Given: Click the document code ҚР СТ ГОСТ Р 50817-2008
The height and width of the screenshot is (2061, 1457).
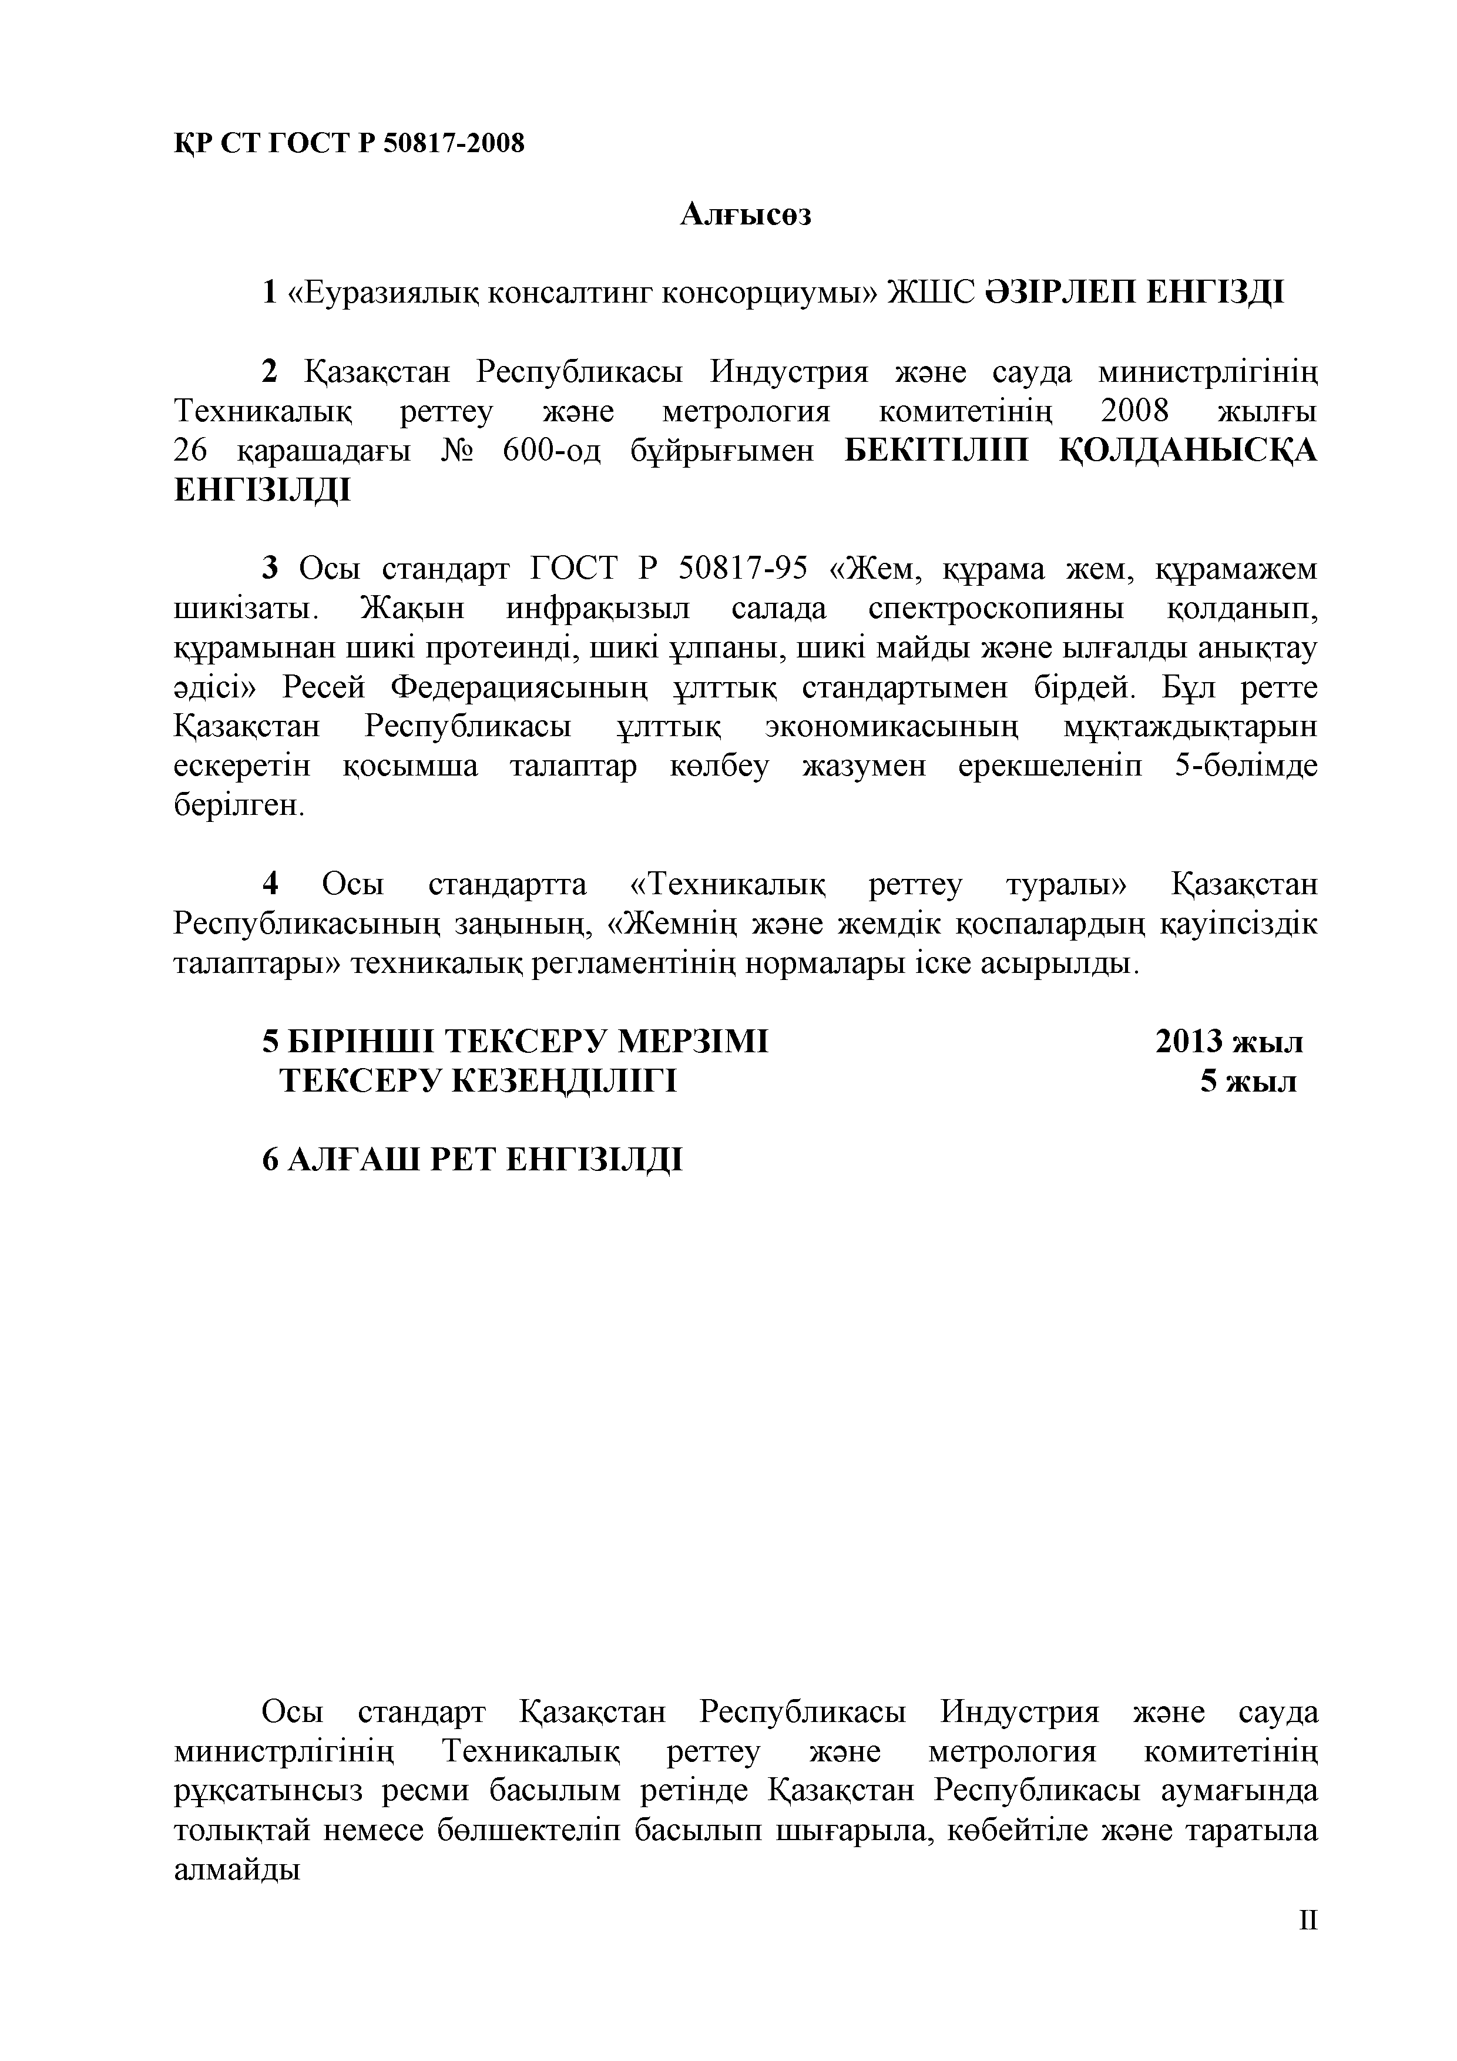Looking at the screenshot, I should [348, 143].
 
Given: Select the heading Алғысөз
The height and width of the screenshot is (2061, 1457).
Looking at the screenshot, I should [745, 216].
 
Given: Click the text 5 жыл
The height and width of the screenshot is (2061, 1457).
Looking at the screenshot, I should [1248, 1082].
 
